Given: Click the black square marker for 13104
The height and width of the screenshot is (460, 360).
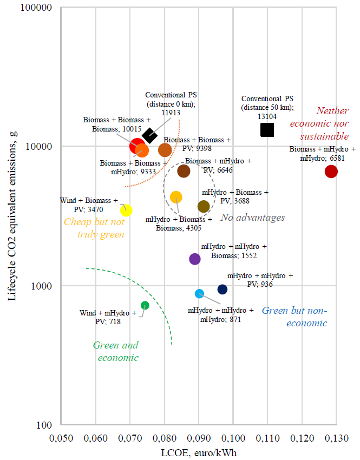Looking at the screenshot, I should [267, 130].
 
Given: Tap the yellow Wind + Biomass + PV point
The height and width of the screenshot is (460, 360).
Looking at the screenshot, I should [126, 210].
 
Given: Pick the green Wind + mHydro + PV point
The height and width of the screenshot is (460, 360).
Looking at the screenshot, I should [145, 305].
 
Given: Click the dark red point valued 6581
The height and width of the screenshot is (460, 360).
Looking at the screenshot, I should [331, 172].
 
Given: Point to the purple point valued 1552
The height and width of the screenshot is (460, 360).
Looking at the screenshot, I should [195, 259].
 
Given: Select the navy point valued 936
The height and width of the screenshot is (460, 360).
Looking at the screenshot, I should [222, 290].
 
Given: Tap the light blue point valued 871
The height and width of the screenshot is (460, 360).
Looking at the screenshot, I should [199, 293].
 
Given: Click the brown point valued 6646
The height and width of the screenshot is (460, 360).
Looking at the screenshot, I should [184, 171].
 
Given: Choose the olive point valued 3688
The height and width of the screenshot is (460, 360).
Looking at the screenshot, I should [204, 206].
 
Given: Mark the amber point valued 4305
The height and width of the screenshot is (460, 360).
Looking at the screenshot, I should [176, 197].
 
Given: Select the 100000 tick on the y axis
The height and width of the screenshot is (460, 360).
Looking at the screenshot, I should [36, 8].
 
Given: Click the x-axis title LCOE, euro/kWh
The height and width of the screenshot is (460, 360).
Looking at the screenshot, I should [198, 452].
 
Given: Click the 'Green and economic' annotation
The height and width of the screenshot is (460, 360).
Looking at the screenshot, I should [116, 351].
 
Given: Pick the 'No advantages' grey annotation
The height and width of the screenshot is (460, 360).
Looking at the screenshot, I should [252, 218].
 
